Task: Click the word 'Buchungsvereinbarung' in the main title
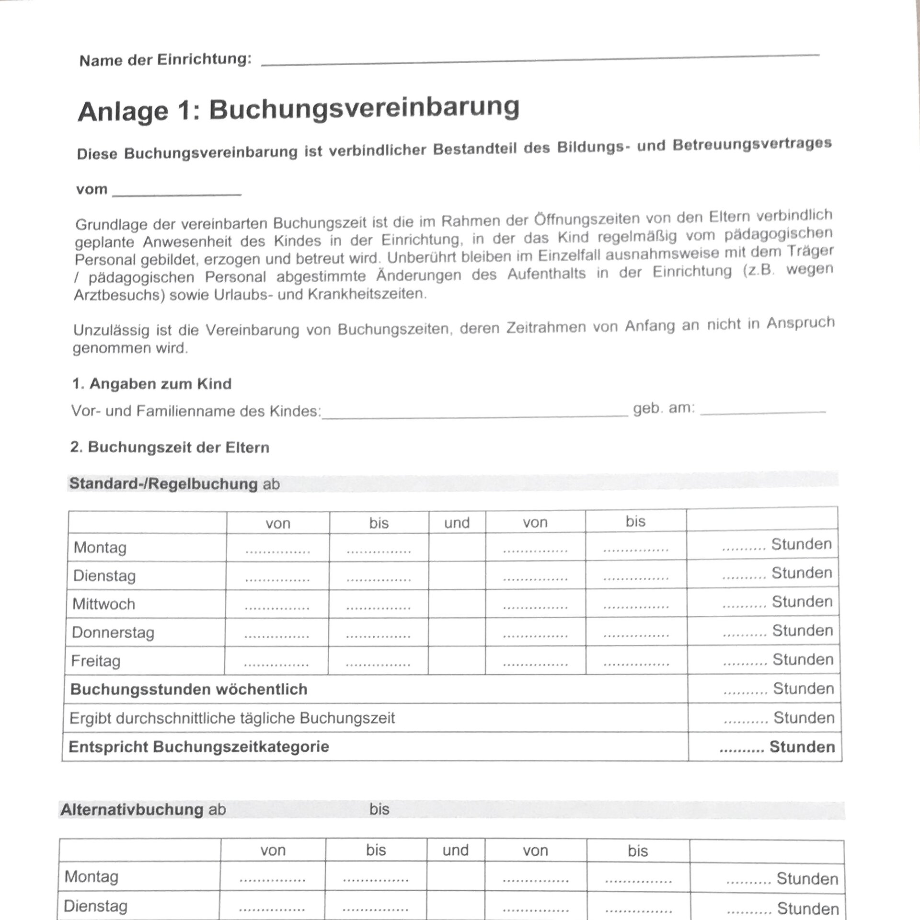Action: (x=364, y=108)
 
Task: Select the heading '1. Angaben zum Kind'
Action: (x=152, y=384)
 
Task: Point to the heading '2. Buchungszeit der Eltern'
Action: (x=170, y=448)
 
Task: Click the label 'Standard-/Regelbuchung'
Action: (x=163, y=483)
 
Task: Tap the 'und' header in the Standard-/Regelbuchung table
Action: (x=457, y=523)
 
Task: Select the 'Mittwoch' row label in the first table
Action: (x=104, y=604)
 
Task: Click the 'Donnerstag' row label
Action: (x=113, y=632)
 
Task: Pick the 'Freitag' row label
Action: (x=96, y=661)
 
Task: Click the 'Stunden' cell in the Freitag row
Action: (x=778, y=660)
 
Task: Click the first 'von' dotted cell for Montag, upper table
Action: (x=277, y=549)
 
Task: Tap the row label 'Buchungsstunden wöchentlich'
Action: (x=189, y=689)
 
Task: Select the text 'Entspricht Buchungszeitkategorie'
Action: (x=199, y=747)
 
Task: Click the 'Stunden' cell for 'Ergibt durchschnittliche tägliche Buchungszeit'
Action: (x=779, y=718)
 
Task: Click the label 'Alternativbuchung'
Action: (x=132, y=810)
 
